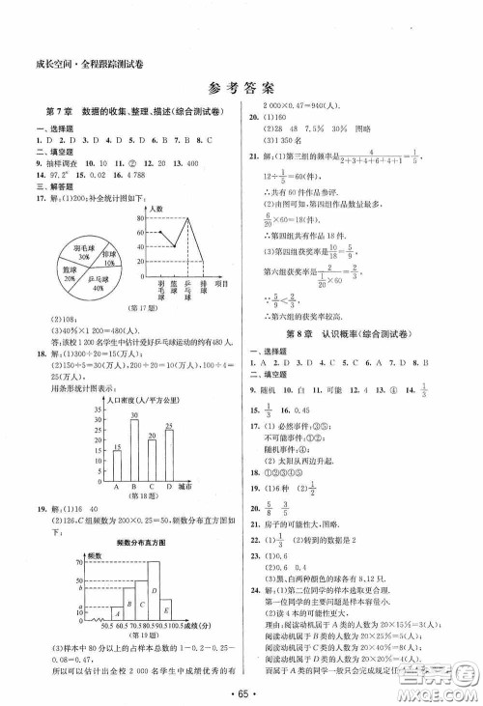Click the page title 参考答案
tap(241, 88)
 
